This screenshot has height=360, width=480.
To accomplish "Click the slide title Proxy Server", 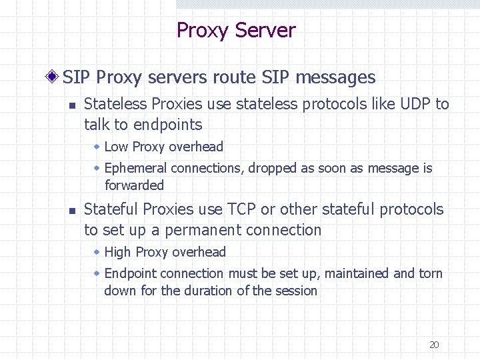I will point(235,31).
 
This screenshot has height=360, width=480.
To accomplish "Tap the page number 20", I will point(434,345).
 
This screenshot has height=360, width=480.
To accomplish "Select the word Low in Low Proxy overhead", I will point(117,147).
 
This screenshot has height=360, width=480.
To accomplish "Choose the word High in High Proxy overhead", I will point(118,252).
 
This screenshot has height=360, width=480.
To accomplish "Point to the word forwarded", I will point(134,185).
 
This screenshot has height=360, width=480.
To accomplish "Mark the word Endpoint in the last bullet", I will point(131,273).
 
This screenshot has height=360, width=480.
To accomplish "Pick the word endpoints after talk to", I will point(167,125).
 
